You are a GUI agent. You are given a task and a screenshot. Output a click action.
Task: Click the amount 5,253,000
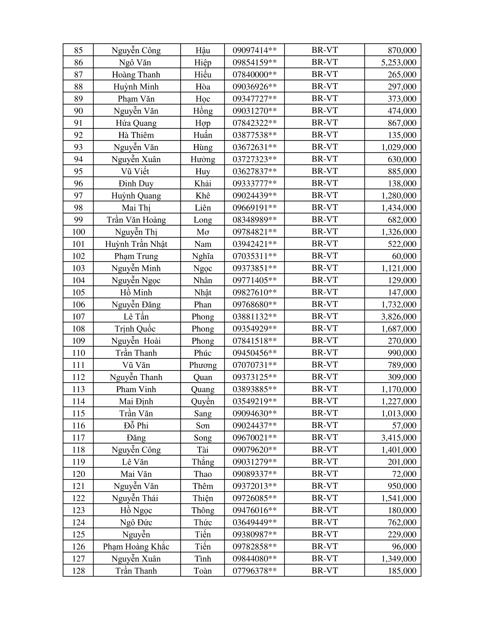point(399,63)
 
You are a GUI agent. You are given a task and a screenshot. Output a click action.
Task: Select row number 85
point(78,50)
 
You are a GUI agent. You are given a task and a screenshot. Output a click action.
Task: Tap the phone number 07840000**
point(255,75)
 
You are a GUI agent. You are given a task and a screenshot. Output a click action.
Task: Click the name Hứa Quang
point(136,123)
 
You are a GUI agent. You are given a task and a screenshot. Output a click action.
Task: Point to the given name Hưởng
point(203,159)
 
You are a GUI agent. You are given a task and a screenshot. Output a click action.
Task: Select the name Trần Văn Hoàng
point(136,220)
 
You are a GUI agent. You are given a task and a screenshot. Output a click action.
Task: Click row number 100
point(78,232)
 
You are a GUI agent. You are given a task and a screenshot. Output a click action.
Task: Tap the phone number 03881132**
point(255,317)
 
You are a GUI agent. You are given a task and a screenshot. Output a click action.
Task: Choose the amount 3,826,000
point(399,317)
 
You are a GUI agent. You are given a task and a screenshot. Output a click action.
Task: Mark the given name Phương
point(203,365)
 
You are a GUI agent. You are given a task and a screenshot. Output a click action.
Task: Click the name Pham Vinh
point(136,389)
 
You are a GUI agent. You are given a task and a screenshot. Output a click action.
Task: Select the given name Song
point(203,438)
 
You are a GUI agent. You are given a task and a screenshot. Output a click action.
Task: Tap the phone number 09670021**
point(255,438)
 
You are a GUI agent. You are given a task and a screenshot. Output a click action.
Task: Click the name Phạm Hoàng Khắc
point(136,547)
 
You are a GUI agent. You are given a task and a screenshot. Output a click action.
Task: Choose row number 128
point(78,571)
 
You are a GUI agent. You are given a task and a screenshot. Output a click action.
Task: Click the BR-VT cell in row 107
point(325,316)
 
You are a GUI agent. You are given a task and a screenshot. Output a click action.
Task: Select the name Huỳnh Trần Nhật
point(136,244)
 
